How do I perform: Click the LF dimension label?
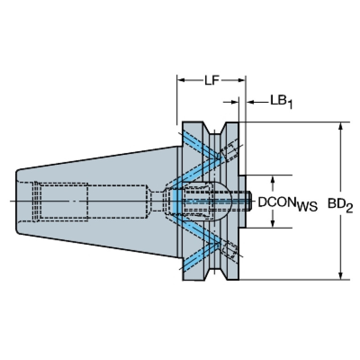tap(212, 80)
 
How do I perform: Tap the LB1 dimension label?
tap(282, 102)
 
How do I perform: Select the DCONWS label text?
tap(288, 204)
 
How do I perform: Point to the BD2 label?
tap(340, 205)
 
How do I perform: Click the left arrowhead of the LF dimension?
tap(181, 80)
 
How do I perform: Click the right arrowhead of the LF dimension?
tap(241, 80)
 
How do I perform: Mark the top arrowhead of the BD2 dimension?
tap(341, 126)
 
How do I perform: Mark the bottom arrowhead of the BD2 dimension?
tap(341, 276)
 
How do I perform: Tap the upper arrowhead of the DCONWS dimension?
tap(273, 179)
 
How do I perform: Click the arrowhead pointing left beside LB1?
tap(250, 102)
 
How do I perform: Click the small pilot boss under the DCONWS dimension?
tap(243, 201)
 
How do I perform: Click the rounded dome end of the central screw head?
tap(224, 201)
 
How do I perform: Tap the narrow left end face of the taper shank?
tap(17, 201)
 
